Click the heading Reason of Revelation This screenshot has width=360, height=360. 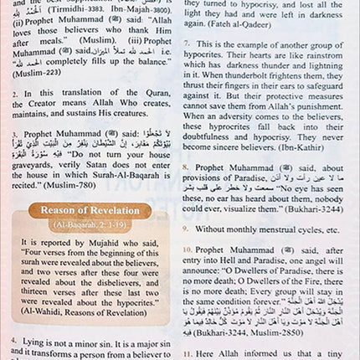pyautogui.click(x=90, y=210)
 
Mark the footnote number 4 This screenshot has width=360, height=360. pyautogui.click(x=14, y=342)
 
